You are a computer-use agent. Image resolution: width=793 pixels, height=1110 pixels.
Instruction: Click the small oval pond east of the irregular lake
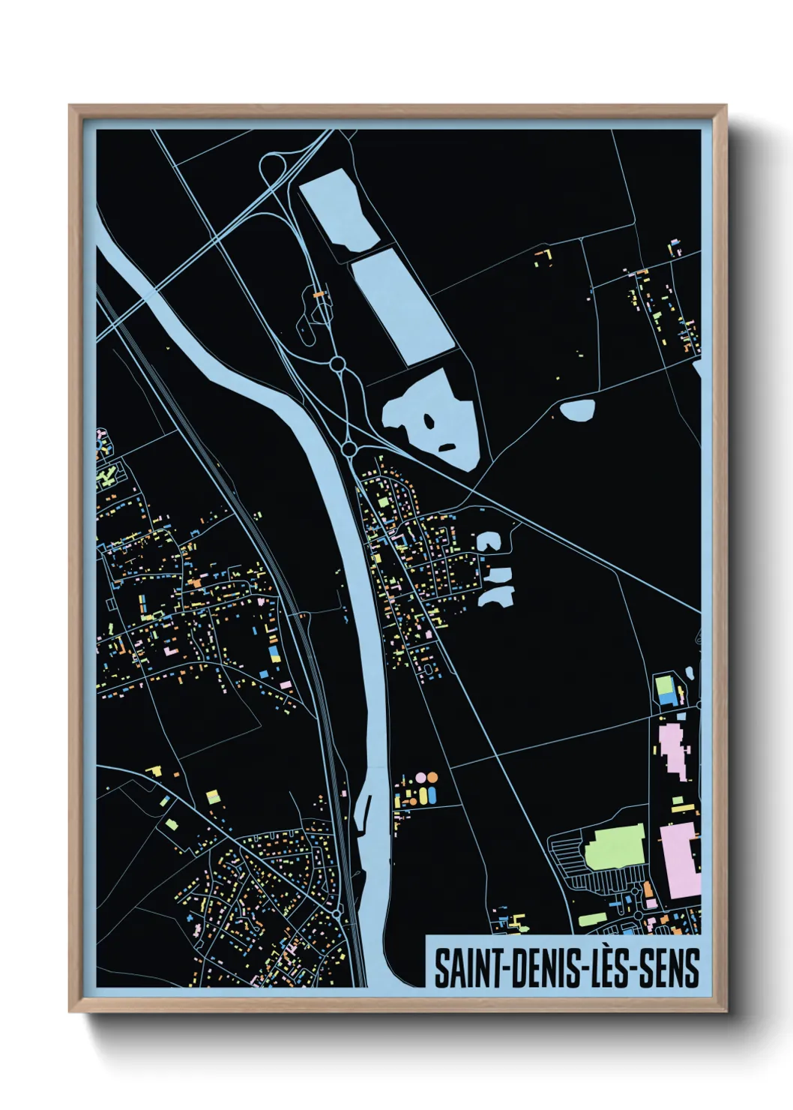pyautogui.click(x=577, y=409)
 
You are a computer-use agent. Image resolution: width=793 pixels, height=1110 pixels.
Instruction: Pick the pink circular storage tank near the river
pyautogui.click(x=420, y=778)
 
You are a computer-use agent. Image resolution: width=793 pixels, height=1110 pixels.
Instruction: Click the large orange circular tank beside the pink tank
pyautogui.click(x=432, y=778)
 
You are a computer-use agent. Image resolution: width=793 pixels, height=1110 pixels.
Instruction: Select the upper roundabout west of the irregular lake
pyautogui.click(x=337, y=364)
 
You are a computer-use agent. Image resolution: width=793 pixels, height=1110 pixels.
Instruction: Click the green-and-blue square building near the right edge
pyautogui.click(x=665, y=688)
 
